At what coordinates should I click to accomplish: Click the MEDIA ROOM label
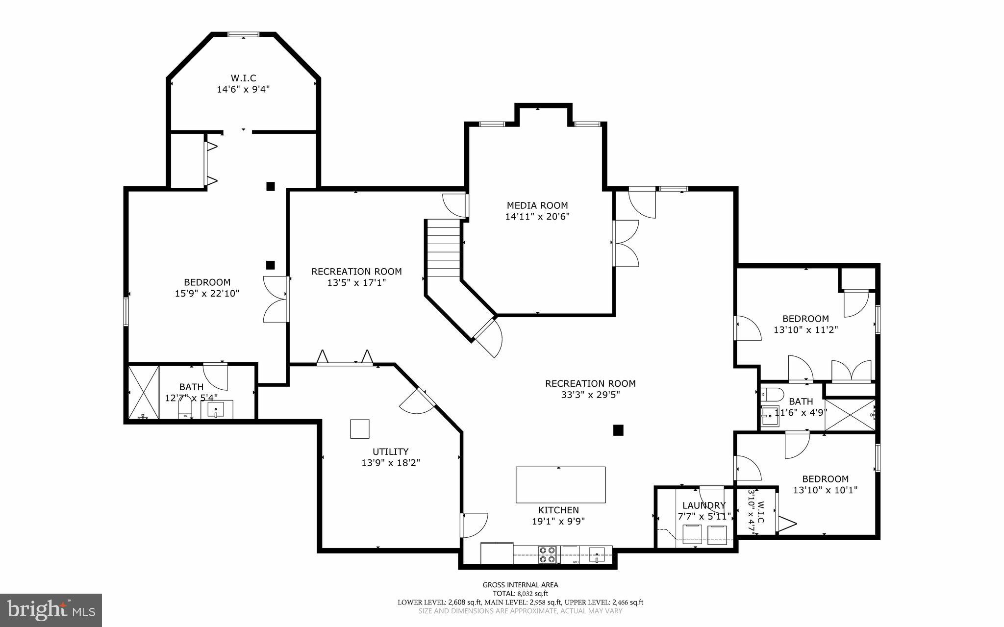(537, 205)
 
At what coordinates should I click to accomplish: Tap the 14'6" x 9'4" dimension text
(243, 89)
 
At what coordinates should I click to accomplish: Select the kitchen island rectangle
(560, 484)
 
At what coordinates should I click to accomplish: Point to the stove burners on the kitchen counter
(547, 554)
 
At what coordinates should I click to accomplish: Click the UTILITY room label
(390, 451)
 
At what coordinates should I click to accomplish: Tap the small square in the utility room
(359, 428)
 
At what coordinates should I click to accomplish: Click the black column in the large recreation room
(618, 430)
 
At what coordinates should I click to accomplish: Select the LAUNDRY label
(703, 505)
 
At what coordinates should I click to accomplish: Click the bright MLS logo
(51, 610)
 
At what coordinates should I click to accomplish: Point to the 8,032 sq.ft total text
(520, 593)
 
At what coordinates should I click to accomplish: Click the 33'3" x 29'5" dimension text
(590, 395)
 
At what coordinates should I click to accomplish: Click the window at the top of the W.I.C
(243, 34)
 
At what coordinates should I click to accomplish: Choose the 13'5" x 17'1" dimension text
(356, 283)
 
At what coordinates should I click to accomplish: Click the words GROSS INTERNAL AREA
(520, 584)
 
